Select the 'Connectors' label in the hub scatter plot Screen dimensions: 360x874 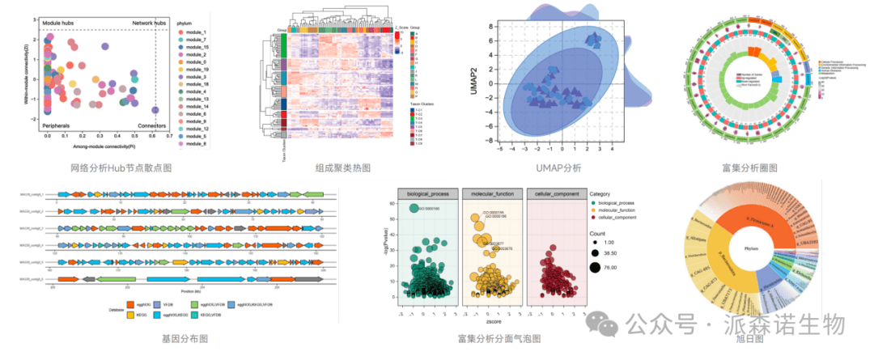(151, 125)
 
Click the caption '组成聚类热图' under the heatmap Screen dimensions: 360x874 (342, 167)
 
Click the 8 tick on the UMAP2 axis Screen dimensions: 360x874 (490, 26)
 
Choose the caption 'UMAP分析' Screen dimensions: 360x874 (558, 167)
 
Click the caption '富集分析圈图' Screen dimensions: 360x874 (749, 167)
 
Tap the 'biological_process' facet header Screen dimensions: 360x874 (426, 194)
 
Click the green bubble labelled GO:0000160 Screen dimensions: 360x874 (414, 209)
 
